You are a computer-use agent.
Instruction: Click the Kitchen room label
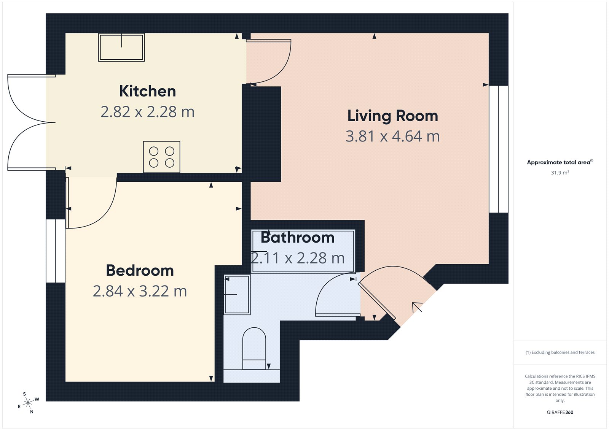pos(147,91)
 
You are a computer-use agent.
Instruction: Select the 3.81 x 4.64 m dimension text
pos(392,136)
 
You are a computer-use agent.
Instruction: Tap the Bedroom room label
pos(140,271)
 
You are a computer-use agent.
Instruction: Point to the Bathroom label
pos(297,238)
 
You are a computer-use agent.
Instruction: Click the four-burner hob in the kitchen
pos(161,157)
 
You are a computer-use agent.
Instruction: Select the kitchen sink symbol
pos(121,48)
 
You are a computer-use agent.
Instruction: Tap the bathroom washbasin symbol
pos(237,295)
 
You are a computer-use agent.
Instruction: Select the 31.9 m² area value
pos(560,173)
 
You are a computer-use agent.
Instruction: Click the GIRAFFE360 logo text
pos(560,412)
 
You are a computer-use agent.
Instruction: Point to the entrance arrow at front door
pos(417,307)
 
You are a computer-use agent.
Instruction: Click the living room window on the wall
pos(499,149)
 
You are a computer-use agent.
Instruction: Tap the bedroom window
pos(56,251)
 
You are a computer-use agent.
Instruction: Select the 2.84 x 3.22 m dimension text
pos(140,292)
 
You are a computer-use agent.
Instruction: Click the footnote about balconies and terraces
pos(560,352)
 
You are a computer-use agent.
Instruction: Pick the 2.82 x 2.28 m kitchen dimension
pos(147,112)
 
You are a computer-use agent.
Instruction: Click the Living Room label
pos(392,116)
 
